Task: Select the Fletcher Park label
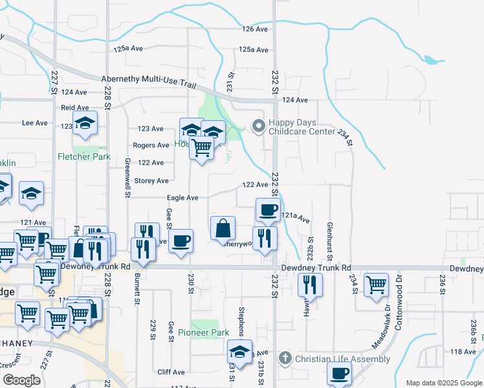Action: pos(84,156)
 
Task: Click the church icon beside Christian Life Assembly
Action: pos(285,358)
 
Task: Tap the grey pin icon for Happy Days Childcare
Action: pos(259,126)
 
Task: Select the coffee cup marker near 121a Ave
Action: pos(267,210)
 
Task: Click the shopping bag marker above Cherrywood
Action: pos(223,228)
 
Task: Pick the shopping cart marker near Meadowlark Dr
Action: pos(376,285)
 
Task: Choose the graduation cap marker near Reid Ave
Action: pos(85,124)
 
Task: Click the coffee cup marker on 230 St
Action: pos(181,240)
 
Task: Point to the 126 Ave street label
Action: pos(255,29)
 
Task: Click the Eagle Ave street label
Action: pos(182,198)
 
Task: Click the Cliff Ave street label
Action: pos(171,372)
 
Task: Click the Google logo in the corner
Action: pos(21,380)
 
